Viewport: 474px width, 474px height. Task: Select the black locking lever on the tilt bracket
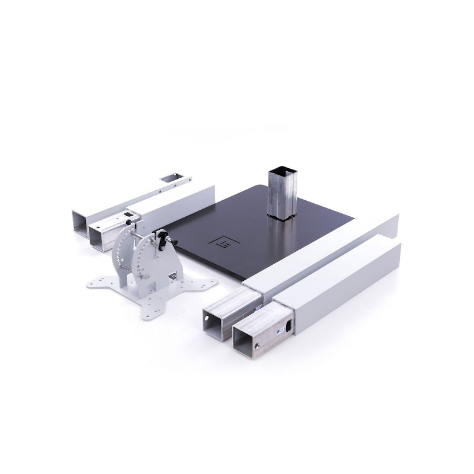click(x=162, y=239)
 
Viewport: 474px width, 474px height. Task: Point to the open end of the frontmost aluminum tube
click(x=251, y=340)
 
